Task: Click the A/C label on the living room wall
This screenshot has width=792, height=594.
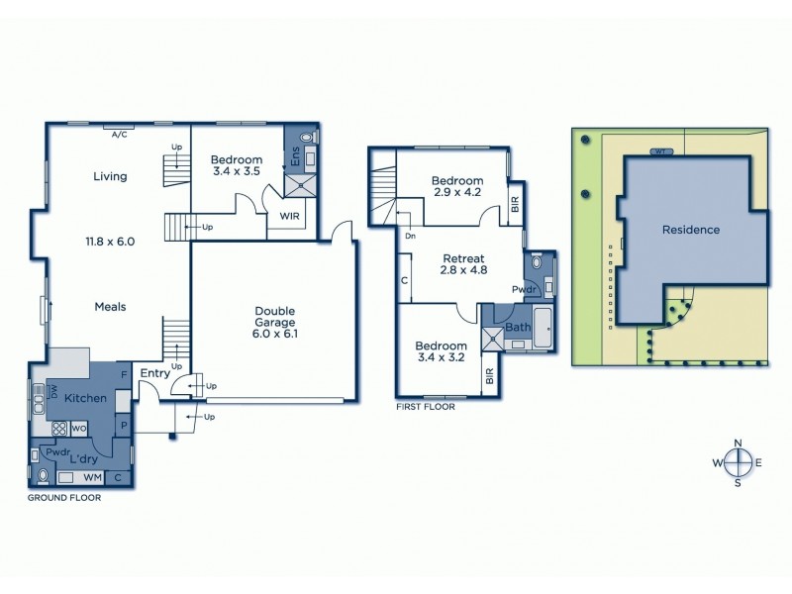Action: click(120, 133)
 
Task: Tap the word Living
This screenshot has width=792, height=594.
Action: click(110, 177)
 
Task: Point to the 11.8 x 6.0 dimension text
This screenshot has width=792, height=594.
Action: click(110, 241)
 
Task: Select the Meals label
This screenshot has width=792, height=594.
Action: click(110, 307)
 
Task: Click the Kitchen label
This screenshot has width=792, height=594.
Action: click(85, 397)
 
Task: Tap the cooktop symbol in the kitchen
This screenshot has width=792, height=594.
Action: click(58, 429)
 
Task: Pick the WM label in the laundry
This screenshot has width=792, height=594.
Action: click(91, 478)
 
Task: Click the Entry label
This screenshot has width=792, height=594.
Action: click(155, 373)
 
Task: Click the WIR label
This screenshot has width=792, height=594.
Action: click(290, 215)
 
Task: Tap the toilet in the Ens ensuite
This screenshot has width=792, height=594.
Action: click(305, 138)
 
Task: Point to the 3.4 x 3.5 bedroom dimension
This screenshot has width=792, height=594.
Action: click(237, 171)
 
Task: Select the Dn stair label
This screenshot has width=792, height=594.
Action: click(409, 237)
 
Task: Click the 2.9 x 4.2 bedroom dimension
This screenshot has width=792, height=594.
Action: click(457, 192)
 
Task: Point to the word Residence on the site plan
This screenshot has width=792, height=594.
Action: click(691, 230)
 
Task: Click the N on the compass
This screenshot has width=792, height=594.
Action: click(738, 443)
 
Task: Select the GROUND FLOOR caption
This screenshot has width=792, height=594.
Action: click(64, 498)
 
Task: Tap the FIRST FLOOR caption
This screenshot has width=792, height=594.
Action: click(425, 406)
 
